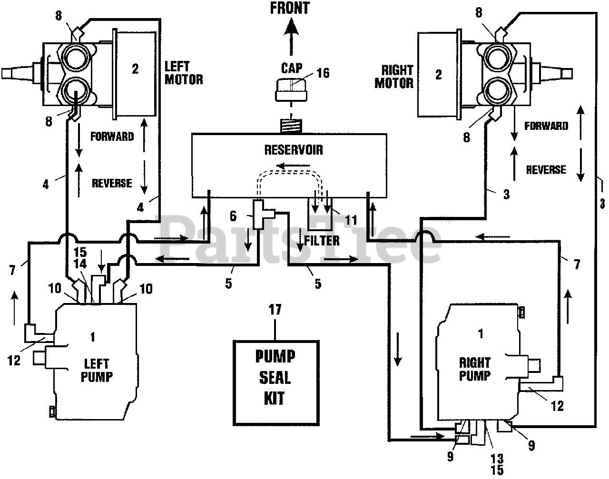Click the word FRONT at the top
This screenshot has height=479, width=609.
(x=290, y=8)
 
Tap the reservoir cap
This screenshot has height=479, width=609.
(x=291, y=90)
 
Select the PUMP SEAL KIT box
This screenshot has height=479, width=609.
(x=276, y=383)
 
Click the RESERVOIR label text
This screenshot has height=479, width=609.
(x=294, y=150)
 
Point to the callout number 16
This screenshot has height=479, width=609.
(x=323, y=73)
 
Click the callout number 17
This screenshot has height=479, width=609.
(x=275, y=310)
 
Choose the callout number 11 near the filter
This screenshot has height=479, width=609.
(x=351, y=220)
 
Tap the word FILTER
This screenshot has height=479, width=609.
(x=322, y=241)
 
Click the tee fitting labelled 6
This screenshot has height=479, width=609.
(x=263, y=214)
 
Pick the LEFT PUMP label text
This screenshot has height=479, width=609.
(x=97, y=371)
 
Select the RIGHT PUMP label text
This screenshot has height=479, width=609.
(x=474, y=369)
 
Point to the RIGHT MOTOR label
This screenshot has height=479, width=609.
(x=394, y=77)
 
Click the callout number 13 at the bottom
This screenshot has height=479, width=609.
(x=497, y=459)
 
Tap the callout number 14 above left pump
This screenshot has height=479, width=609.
(x=80, y=264)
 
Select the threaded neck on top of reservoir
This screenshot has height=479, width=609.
(x=291, y=127)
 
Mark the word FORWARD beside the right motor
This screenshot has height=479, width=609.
(x=546, y=126)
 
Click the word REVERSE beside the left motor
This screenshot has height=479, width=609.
(x=112, y=183)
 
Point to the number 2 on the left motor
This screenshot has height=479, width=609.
(x=135, y=69)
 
